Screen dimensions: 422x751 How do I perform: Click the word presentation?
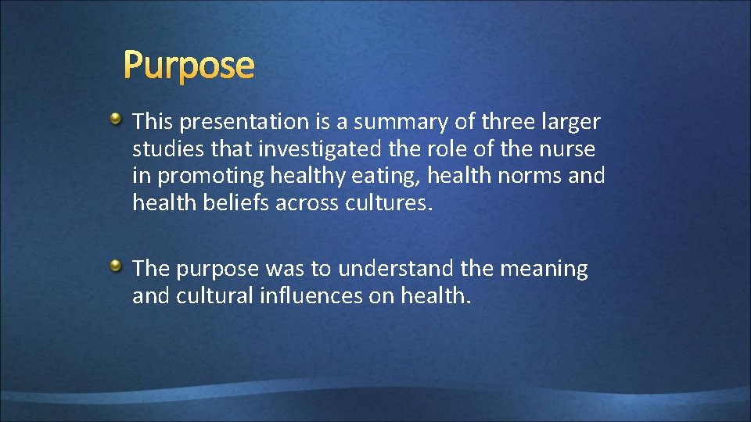pos(242,123)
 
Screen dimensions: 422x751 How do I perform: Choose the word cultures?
pos(386,203)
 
